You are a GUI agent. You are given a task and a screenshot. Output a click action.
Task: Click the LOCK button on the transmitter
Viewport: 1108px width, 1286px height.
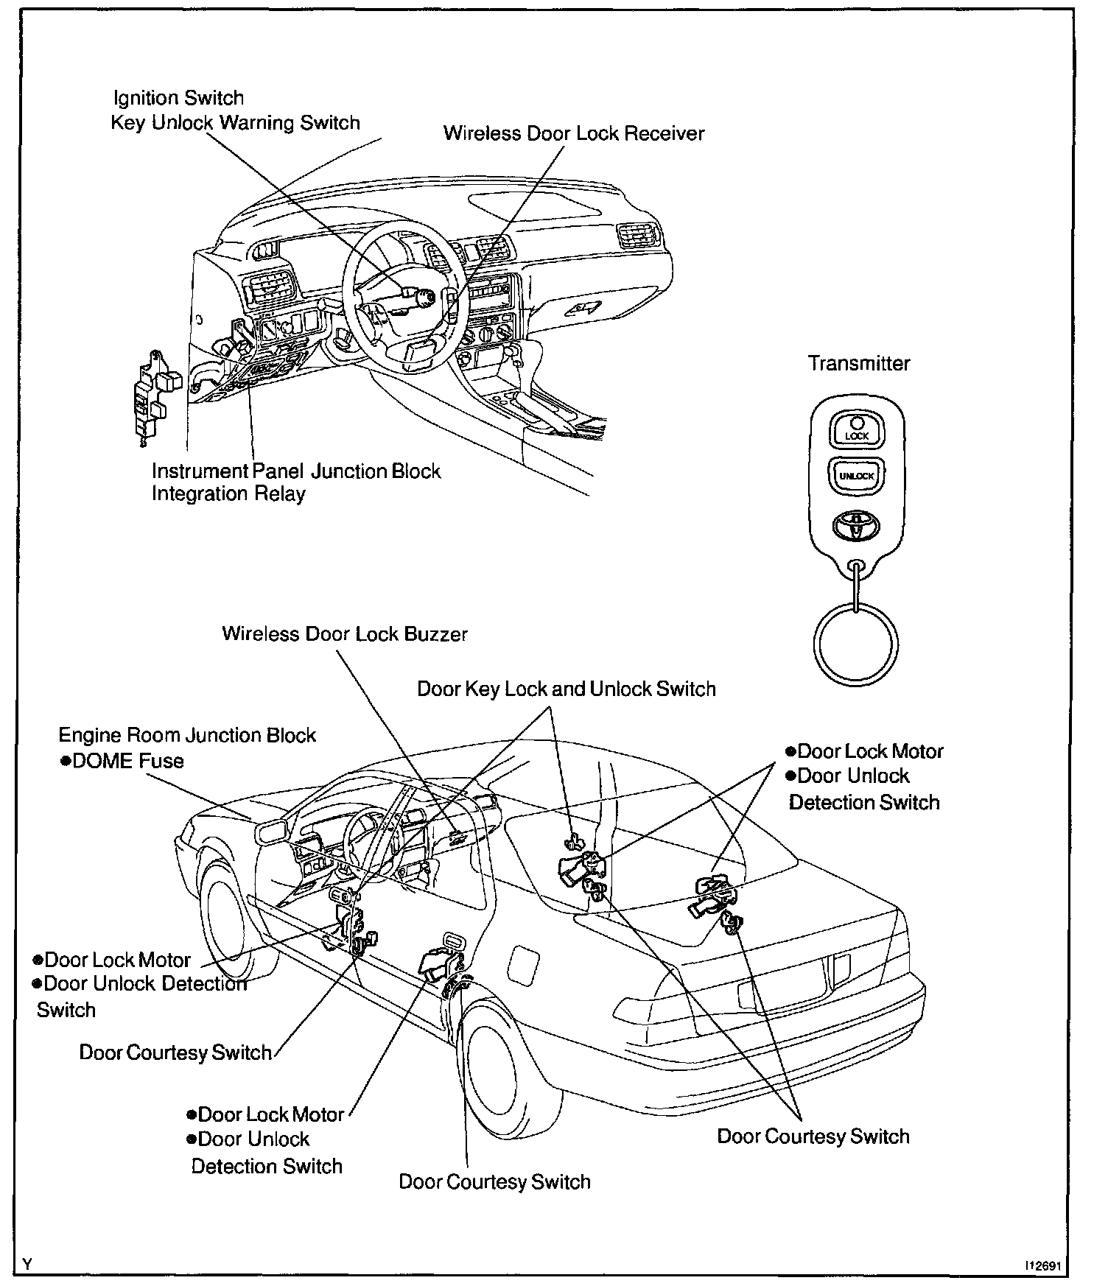pyautogui.click(x=856, y=429)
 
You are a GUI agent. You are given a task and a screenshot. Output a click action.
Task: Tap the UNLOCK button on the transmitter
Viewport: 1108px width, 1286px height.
pyautogui.click(x=856, y=476)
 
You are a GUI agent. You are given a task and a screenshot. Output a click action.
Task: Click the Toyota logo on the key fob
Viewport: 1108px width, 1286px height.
pyautogui.click(x=856, y=527)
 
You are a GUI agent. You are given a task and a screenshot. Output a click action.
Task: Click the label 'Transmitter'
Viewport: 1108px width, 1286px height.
pyautogui.click(x=858, y=363)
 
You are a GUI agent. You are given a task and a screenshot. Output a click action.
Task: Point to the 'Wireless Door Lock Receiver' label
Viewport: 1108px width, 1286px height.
pyautogui.click(x=573, y=133)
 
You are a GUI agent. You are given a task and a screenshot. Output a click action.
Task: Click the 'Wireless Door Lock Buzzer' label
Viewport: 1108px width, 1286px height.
pyautogui.click(x=344, y=634)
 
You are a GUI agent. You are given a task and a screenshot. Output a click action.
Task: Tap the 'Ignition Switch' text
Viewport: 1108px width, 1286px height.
pyautogui.click(x=178, y=98)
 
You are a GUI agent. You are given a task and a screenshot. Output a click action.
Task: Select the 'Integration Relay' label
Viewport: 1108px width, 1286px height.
pyautogui.click(x=228, y=493)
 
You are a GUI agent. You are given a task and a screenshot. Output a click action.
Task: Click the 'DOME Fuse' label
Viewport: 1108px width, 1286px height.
pyautogui.click(x=122, y=761)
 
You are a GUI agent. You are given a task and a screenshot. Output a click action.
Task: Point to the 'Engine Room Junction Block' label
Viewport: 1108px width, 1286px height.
pyautogui.click(x=187, y=735)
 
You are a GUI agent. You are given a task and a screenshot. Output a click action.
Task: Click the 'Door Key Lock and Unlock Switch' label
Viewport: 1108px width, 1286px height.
pyautogui.click(x=566, y=689)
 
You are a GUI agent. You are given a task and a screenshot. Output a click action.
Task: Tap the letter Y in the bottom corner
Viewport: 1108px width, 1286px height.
pyautogui.click(x=28, y=1265)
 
